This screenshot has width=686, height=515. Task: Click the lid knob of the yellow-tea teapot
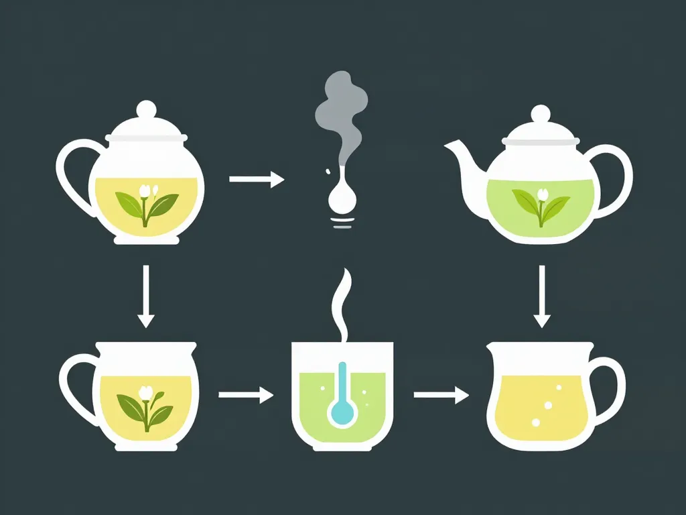[x=146, y=109]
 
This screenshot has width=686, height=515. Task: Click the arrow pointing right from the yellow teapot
[x=257, y=179]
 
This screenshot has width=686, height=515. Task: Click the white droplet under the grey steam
[x=342, y=198]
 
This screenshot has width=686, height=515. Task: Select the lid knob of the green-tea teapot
[x=540, y=114]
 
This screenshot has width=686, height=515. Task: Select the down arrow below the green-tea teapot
[x=541, y=296]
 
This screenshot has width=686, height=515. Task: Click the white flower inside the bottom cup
[x=145, y=392]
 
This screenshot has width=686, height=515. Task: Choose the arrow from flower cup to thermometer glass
[x=246, y=396]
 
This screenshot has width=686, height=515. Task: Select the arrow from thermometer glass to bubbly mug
[x=441, y=396]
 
